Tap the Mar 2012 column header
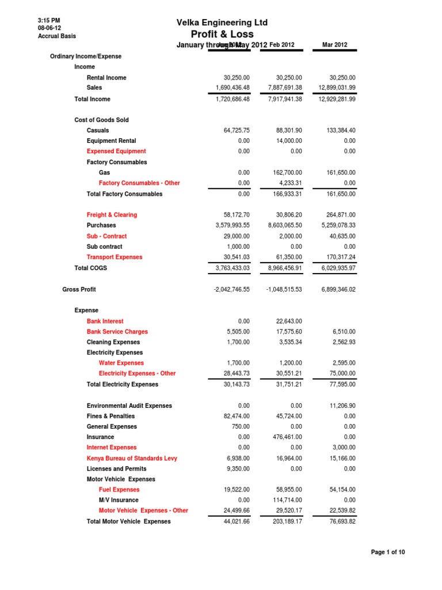tap(335, 45)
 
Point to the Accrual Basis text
tap(56, 36)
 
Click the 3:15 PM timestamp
tap(48, 21)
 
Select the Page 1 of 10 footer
tap(388, 553)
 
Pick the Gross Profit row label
tap(79, 289)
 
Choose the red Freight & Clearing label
tap(112, 215)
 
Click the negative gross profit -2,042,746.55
tap(228, 289)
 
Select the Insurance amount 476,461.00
tap(286, 437)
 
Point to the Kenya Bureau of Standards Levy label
tap(132, 459)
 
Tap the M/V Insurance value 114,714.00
tap(286, 500)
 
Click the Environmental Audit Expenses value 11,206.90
tap(341, 406)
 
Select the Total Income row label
tap(92, 99)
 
